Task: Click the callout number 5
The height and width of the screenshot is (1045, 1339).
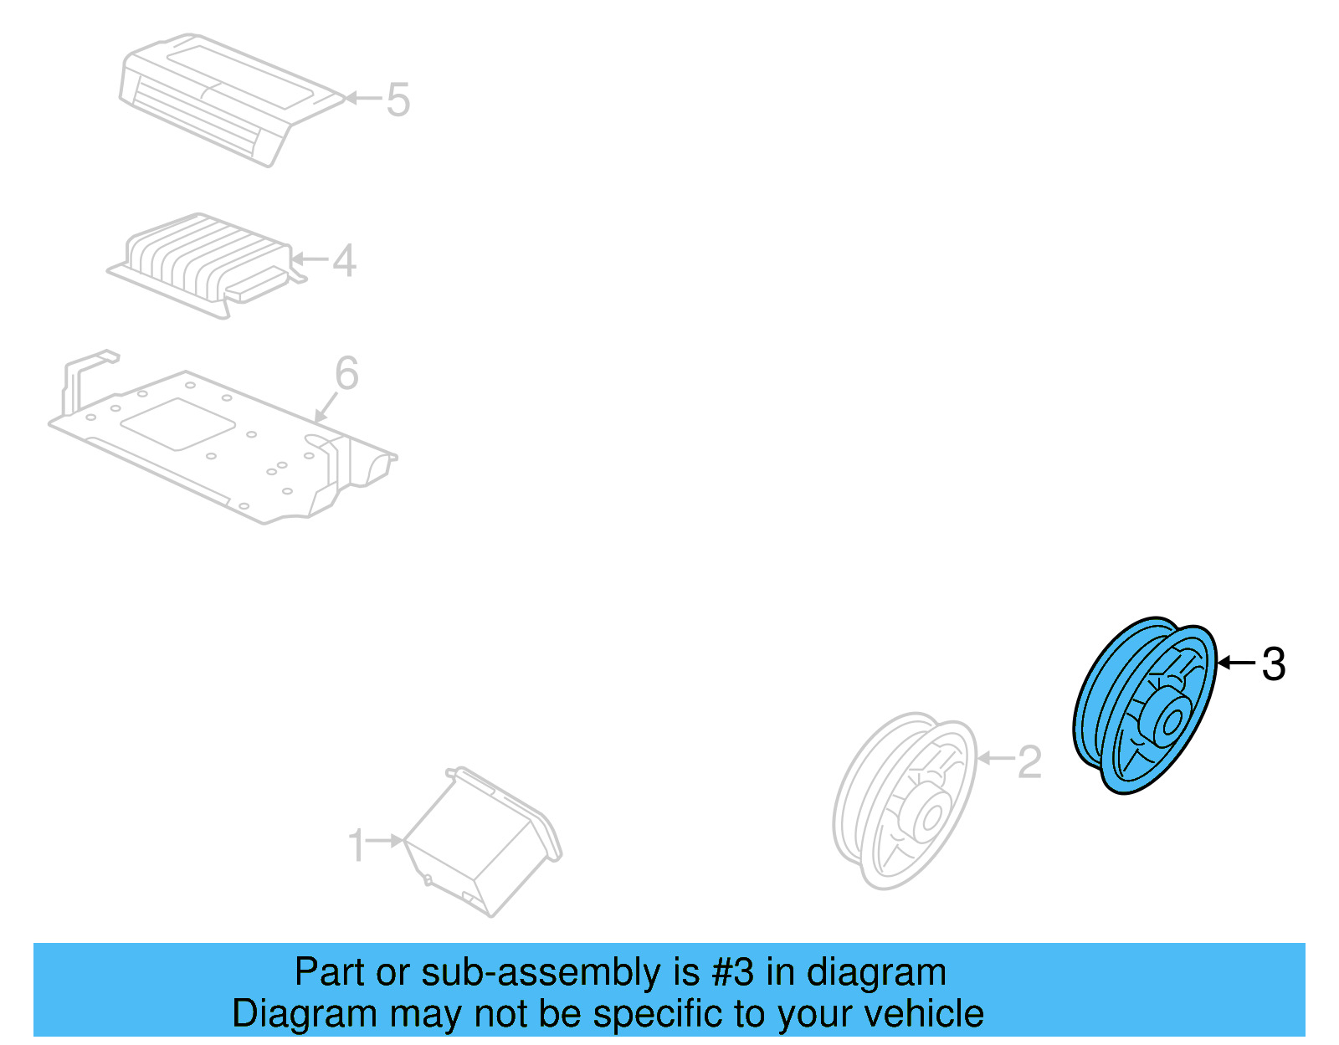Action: (398, 100)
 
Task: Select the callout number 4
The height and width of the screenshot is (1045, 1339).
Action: (345, 260)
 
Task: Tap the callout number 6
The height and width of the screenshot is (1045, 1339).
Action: (346, 373)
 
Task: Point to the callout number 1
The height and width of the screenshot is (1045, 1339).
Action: (357, 845)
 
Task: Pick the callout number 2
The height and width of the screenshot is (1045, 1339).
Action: (1029, 761)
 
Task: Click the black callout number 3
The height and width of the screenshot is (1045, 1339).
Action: (1273, 664)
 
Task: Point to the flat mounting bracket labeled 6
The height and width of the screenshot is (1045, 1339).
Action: (218, 443)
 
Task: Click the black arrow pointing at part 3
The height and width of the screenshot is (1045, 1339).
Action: (1236, 663)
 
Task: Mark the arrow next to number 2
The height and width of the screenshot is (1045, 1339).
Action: (995, 759)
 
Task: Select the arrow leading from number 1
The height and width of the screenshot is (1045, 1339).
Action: (385, 840)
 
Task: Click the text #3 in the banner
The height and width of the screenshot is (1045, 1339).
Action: (733, 973)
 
